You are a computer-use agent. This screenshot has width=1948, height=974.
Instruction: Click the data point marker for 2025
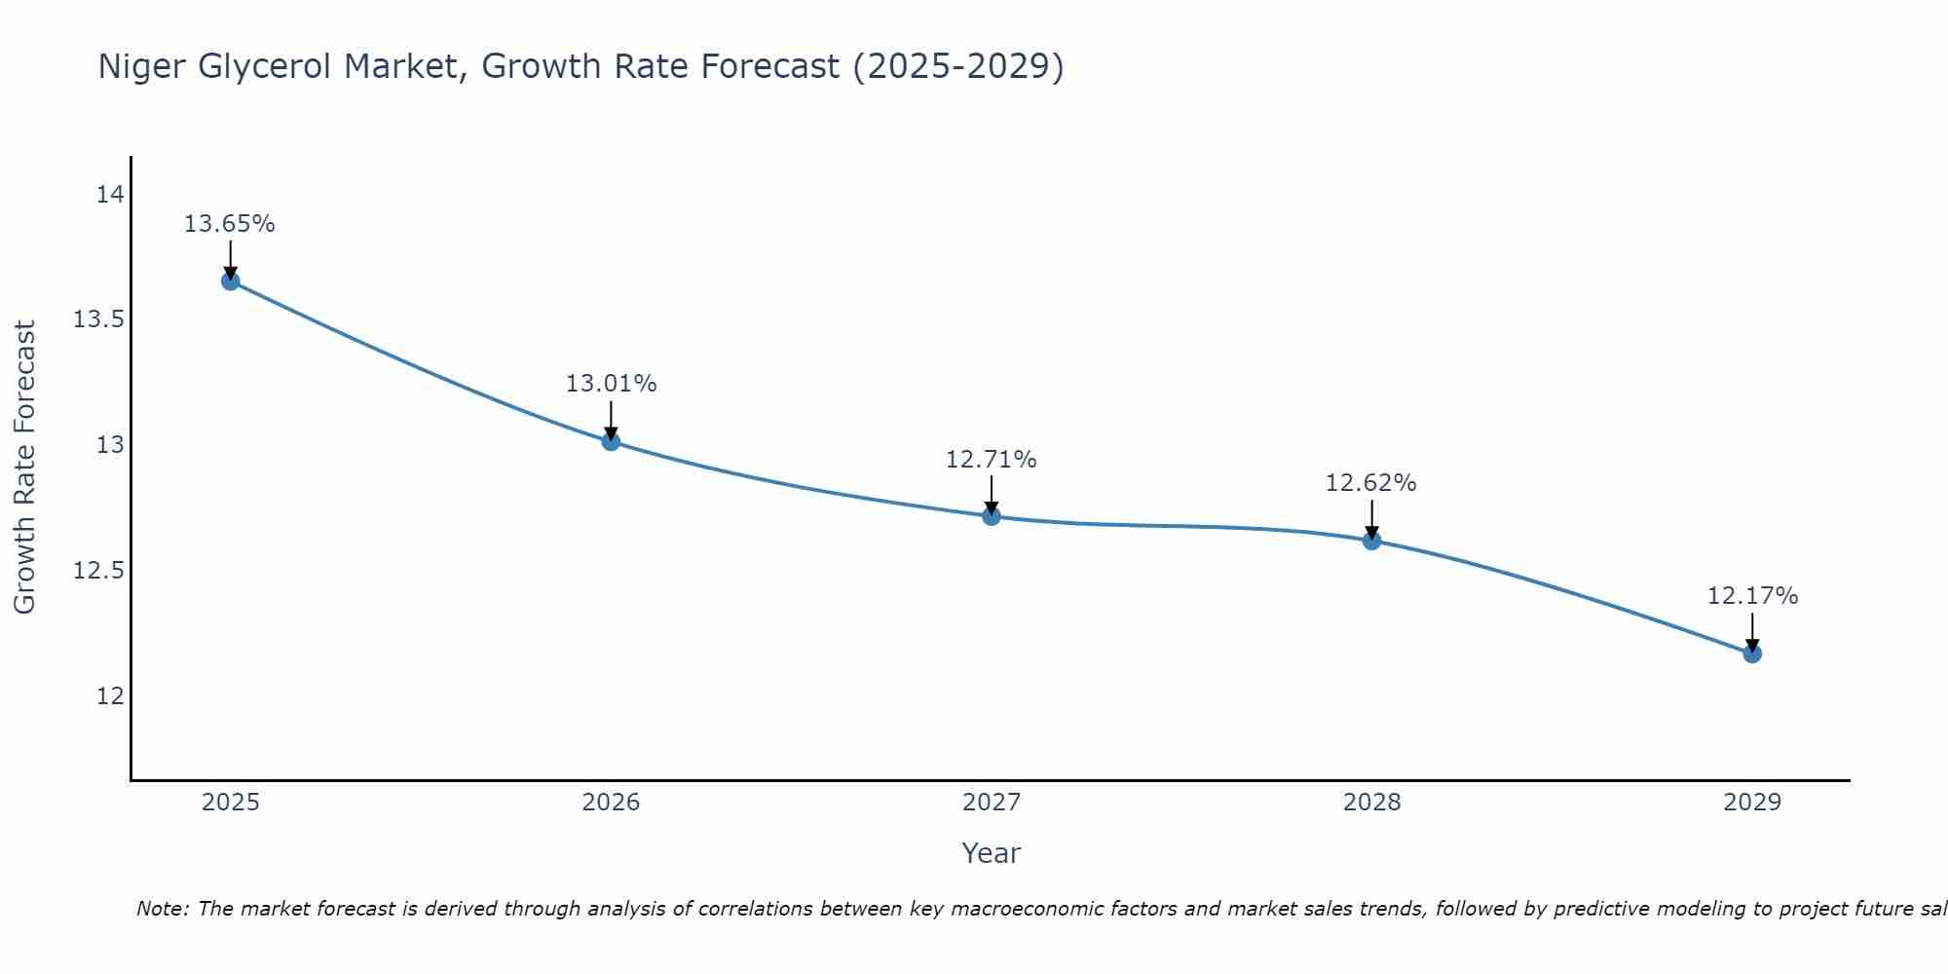pos(230,281)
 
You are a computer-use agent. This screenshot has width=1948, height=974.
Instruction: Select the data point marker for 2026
pos(611,441)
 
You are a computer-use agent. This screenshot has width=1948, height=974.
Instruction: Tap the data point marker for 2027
pos(992,516)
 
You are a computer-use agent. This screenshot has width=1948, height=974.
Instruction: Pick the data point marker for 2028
pos(1371,541)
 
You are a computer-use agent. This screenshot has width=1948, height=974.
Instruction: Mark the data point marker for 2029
pos(1752,654)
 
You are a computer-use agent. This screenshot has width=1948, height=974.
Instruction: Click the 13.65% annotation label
pos(230,224)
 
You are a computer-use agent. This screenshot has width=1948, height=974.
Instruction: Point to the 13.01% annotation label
pos(611,384)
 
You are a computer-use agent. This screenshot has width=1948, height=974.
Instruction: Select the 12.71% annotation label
pos(992,459)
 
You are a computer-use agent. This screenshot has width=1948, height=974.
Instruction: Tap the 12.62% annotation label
pos(1371,483)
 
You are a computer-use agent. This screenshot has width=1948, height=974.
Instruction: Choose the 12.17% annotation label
pos(1752,596)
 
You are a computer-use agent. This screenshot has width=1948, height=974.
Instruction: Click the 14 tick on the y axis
pos(110,195)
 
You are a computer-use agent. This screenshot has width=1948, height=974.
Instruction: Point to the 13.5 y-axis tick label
pos(99,319)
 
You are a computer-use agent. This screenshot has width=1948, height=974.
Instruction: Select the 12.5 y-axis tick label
pos(99,571)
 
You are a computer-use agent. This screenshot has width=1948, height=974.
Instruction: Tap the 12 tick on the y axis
pos(110,695)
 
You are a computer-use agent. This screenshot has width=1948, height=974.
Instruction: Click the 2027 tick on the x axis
pos(992,803)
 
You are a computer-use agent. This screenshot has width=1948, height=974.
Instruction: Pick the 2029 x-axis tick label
pos(1752,803)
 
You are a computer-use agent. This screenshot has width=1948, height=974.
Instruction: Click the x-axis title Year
pos(992,853)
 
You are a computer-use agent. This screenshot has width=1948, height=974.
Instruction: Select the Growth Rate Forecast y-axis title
pos(25,468)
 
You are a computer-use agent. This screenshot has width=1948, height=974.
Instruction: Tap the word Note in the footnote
pos(162,909)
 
